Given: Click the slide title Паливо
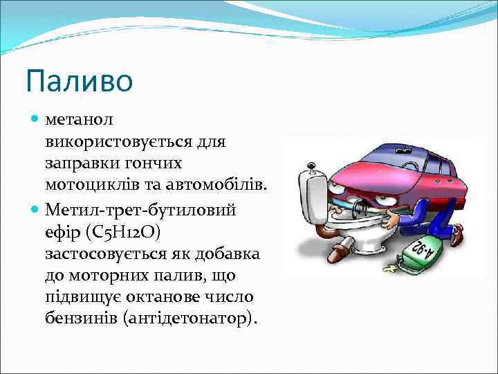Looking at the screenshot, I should (79, 80).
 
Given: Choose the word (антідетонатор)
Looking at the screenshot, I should (196, 319).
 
